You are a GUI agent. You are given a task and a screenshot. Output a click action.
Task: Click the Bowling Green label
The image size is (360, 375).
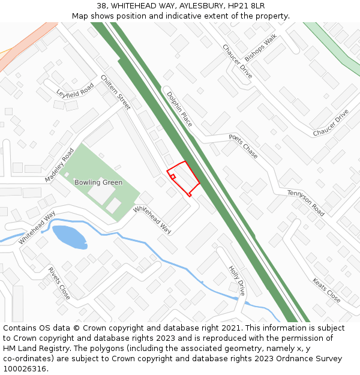[98, 182]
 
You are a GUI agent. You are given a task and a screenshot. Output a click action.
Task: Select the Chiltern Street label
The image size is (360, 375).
[116, 92]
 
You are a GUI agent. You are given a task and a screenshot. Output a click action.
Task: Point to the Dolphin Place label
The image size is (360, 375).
[179, 109]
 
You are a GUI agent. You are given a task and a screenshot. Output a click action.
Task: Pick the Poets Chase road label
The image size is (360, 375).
[243, 146]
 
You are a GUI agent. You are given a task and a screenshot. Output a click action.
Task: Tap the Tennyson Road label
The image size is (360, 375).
[305, 203]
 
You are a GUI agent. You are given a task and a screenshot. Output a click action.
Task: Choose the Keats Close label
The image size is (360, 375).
[326, 290]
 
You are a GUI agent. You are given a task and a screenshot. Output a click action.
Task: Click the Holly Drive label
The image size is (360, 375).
[237, 280]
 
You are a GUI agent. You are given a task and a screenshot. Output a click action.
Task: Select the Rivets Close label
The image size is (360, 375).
[59, 283]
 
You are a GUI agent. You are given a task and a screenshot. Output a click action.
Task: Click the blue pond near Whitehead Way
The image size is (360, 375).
[70, 236]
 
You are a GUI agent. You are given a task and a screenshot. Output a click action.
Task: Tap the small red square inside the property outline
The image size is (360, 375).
[173, 176]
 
